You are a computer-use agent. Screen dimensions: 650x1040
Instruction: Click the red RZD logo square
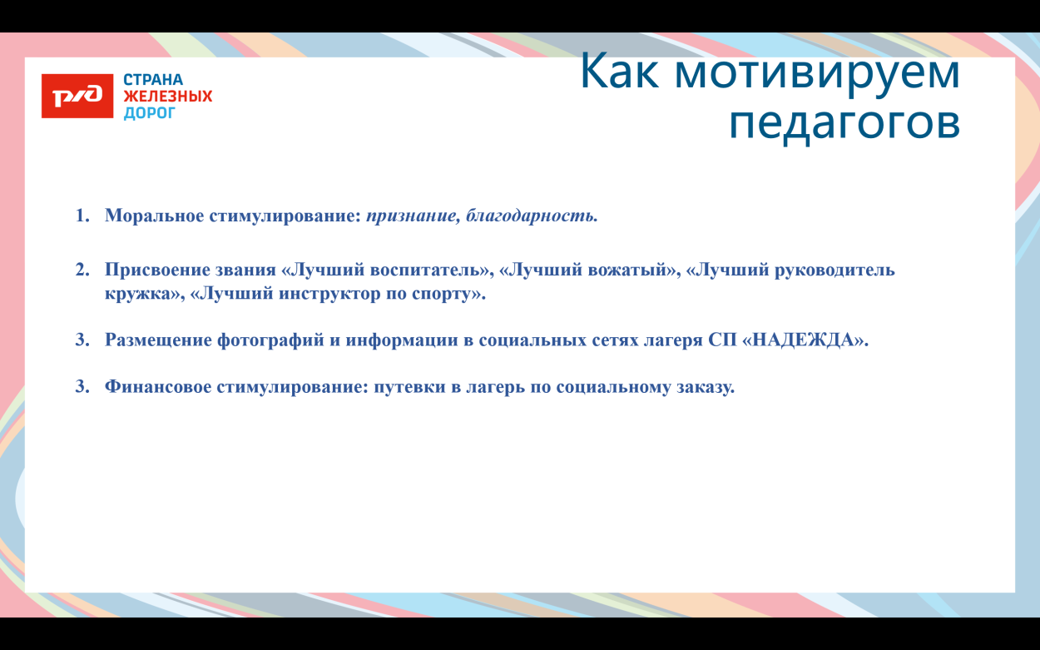click(x=77, y=97)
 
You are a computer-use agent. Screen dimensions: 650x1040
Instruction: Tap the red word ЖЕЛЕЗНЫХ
click(x=168, y=97)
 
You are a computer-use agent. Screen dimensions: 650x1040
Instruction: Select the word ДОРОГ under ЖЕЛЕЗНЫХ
click(x=150, y=112)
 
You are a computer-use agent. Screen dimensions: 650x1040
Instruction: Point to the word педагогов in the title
click(x=844, y=123)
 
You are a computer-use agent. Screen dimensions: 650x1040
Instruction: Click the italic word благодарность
click(x=532, y=216)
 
